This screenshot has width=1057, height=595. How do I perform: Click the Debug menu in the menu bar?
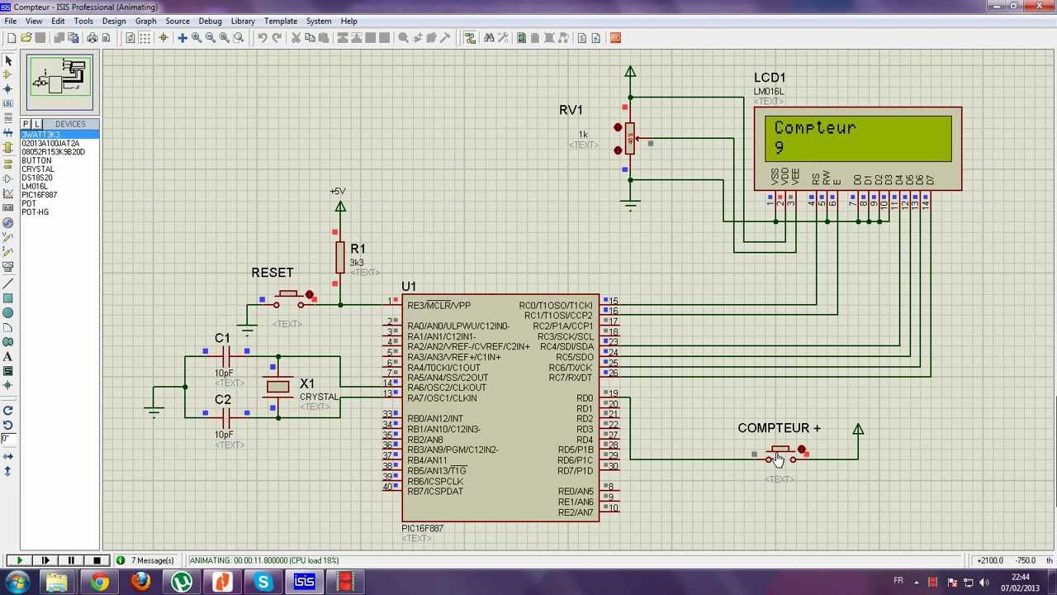[x=210, y=21]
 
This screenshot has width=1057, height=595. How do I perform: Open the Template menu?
[x=280, y=21]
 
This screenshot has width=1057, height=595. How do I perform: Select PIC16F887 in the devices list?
[x=39, y=195]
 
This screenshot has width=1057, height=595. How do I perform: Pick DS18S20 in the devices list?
[x=36, y=178]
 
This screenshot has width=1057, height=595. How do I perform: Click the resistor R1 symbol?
[x=339, y=257]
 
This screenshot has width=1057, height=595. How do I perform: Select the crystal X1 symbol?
[x=278, y=386]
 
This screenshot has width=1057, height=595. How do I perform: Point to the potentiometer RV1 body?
[x=630, y=139]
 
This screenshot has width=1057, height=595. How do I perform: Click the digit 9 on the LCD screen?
[x=780, y=148]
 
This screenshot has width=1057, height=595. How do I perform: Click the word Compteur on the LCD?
[x=814, y=128]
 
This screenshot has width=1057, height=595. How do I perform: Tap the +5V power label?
[x=338, y=192]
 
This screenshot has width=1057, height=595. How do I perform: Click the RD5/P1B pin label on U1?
[x=575, y=450]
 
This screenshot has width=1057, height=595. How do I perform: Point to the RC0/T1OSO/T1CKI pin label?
[x=556, y=306]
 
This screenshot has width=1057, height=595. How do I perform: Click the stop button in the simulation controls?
[x=97, y=560]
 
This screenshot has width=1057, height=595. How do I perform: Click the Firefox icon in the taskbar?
[x=140, y=582]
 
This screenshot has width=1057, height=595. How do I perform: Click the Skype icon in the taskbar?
[x=263, y=582]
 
